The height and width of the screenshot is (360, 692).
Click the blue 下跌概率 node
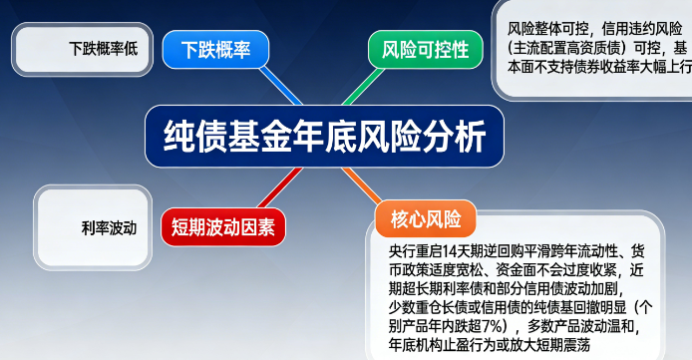215,49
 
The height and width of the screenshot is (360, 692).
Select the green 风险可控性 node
418,49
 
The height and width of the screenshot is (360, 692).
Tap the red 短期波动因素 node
221,224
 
